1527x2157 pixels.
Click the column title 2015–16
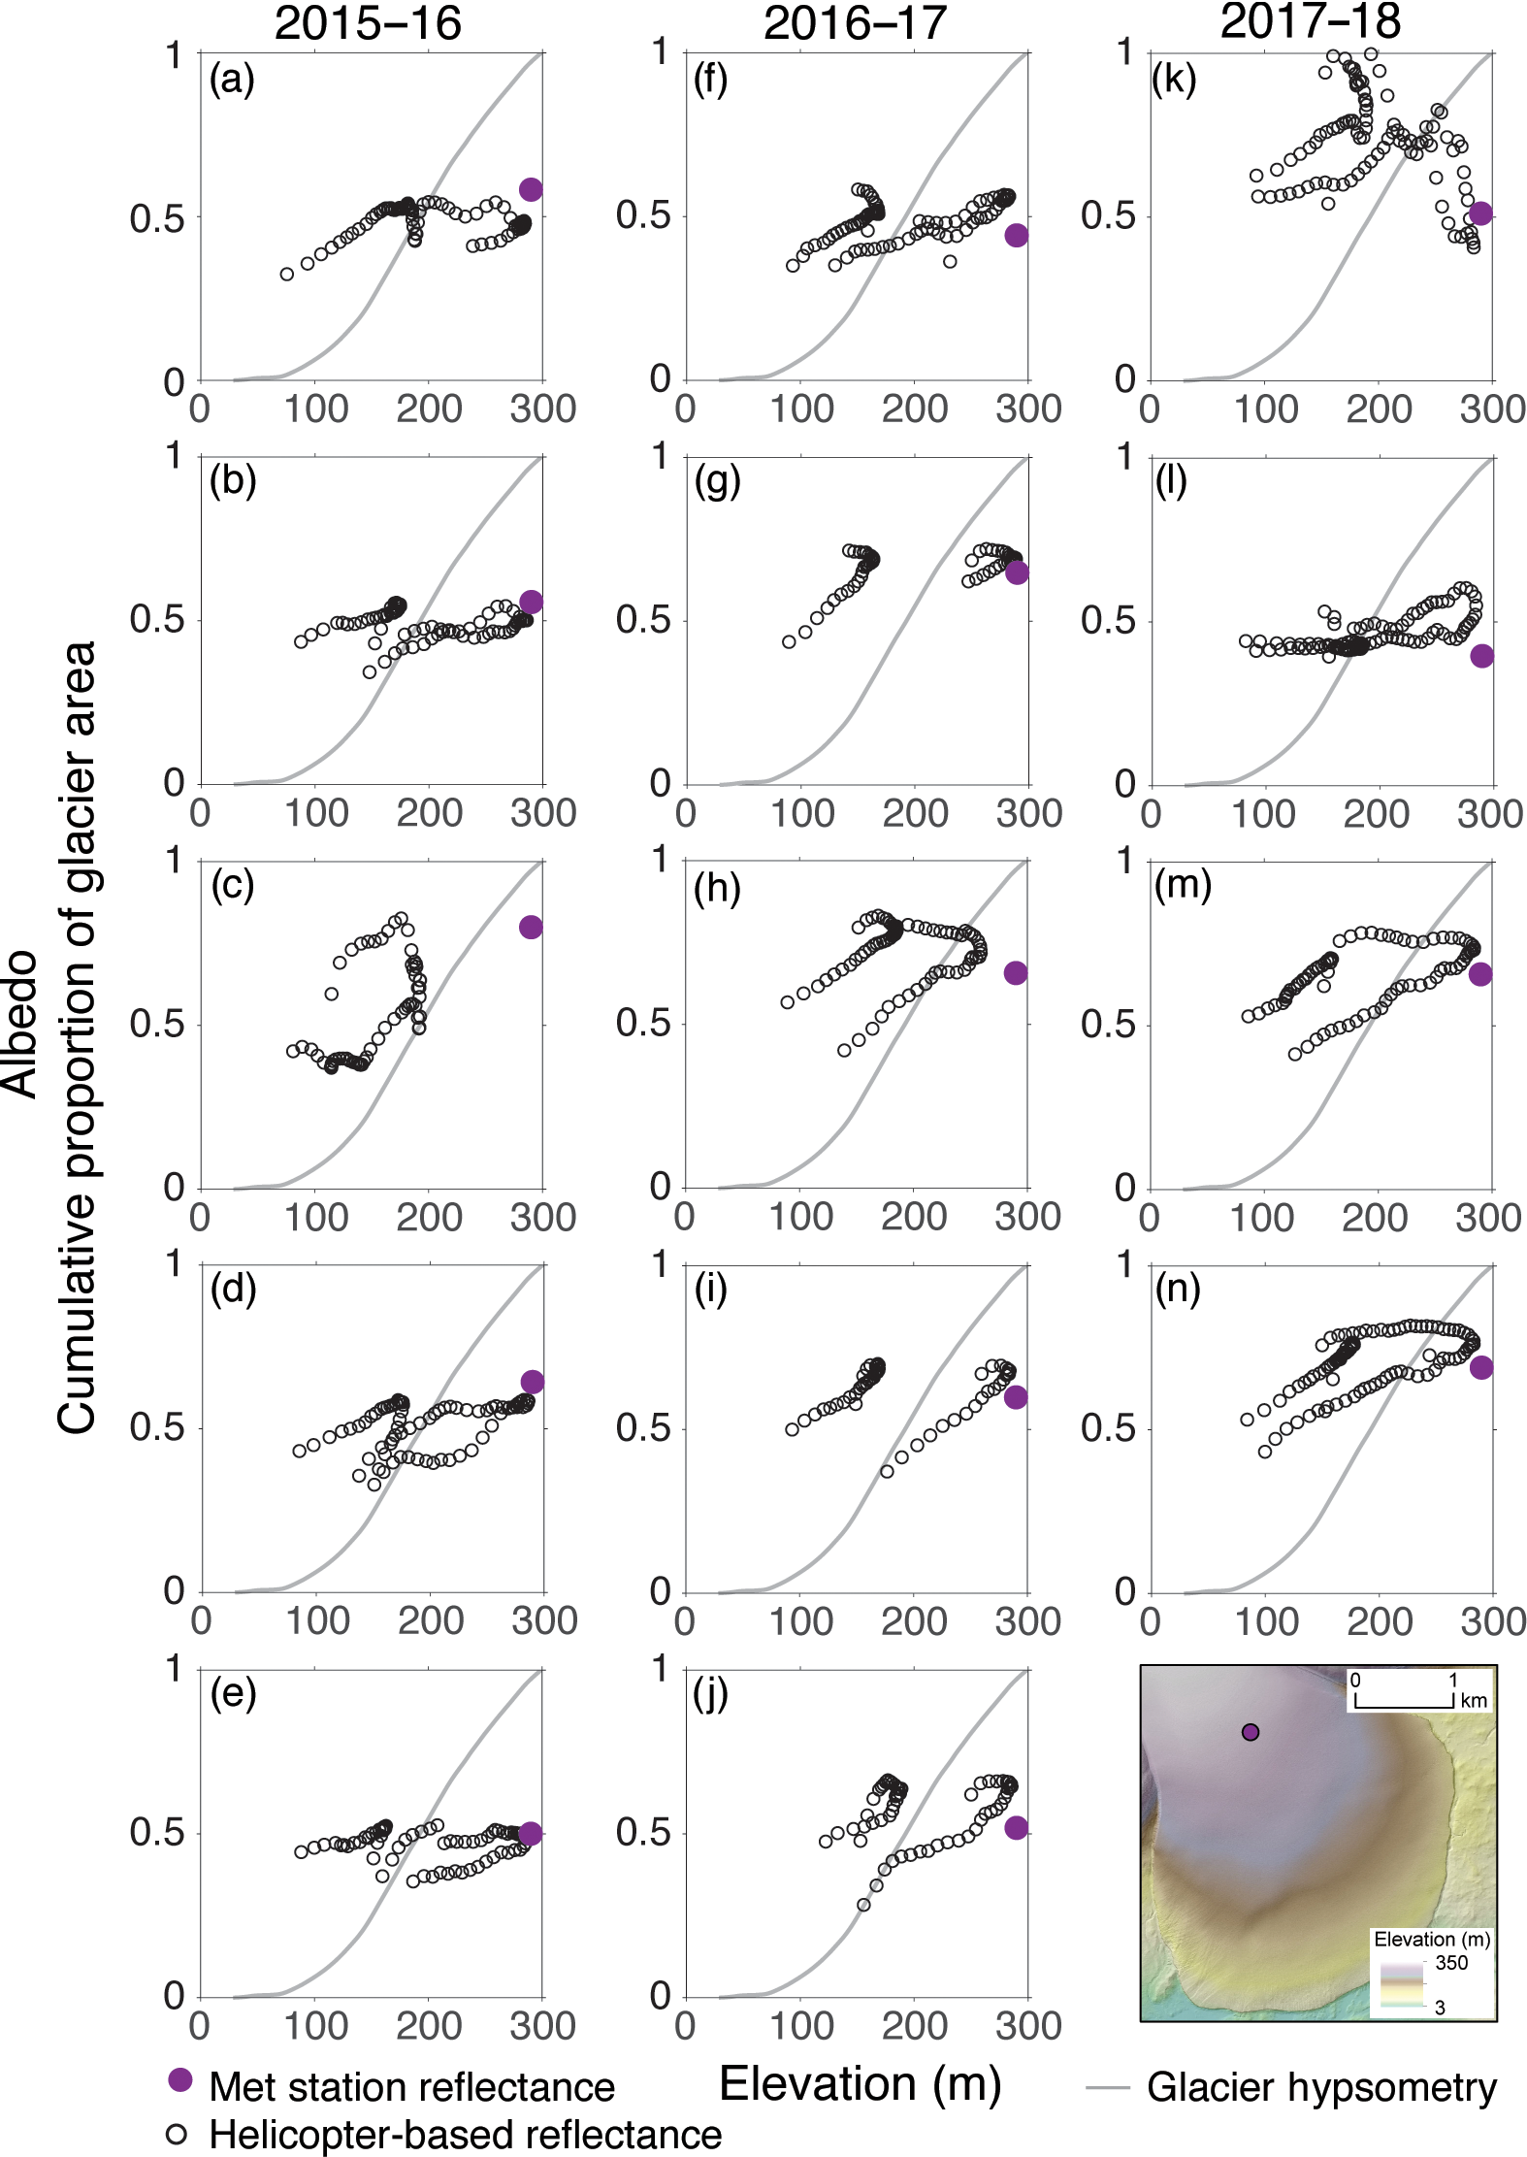[x=368, y=23]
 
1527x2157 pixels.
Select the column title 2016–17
[x=855, y=23]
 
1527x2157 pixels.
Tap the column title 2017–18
[x=1310, y=21]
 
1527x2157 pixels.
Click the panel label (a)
[x=232, y=80]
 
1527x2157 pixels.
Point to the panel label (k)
[x=1173, y=80]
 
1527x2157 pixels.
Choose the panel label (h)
[x=717, y=887]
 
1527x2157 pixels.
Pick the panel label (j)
[x=713, y=1694]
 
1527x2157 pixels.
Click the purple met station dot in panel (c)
[x=530, y=927]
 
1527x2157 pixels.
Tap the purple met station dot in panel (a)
[x=530, y=189]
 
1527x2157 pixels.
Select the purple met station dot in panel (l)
[x=1481, y=656]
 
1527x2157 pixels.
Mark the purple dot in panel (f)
[x=1016, y=235]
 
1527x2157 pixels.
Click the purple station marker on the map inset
[x=1251, y=1732]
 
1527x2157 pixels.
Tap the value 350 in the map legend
[x=1451, y=1963]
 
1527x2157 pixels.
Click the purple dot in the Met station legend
[x=179, y=2079]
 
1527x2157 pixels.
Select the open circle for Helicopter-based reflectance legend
[x=177, y=2134]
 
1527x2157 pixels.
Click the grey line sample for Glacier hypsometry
[x=1108, y=2086]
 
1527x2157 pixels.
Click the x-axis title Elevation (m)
[x=860, y=2083]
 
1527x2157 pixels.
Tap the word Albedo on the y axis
[x=21, y=1024]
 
